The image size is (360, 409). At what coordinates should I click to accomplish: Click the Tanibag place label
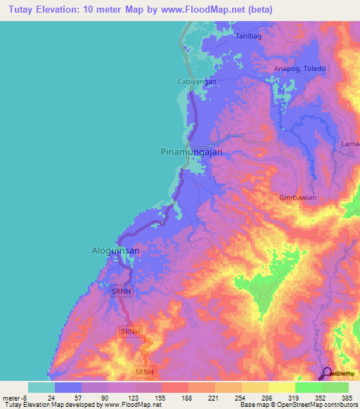248,35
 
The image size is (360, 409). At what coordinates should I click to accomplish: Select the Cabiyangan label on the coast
195,82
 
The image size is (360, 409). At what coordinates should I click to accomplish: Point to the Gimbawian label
297,197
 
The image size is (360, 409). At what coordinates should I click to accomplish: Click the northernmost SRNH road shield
121,290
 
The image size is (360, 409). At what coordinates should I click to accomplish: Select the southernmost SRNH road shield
143,371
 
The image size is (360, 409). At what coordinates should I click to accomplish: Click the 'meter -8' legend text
15,396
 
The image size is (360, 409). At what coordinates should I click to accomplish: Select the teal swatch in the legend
41,387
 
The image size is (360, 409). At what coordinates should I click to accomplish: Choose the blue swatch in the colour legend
68,387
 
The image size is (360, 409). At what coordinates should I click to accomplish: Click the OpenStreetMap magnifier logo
327,373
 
